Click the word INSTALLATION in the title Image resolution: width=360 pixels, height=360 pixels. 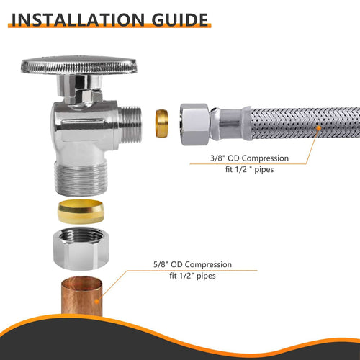point(78,18)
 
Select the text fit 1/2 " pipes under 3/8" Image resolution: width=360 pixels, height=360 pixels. point(239,171)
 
